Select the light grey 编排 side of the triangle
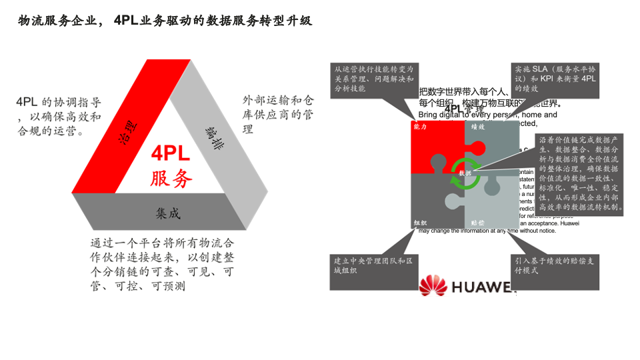tap(213, 133)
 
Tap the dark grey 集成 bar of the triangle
tap(167, 212)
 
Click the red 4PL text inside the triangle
tap(171, 154)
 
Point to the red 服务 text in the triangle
tap(171, 178)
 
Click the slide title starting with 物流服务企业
tap(164, 21)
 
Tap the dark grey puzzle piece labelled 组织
tap(433, 203)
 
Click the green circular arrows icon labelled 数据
tap(465, 173)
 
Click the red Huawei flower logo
tap(433, 286)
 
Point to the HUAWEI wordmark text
tap(483, 287)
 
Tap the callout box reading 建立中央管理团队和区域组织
tap(373, 270)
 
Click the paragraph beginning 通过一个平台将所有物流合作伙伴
tap(163, 265)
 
